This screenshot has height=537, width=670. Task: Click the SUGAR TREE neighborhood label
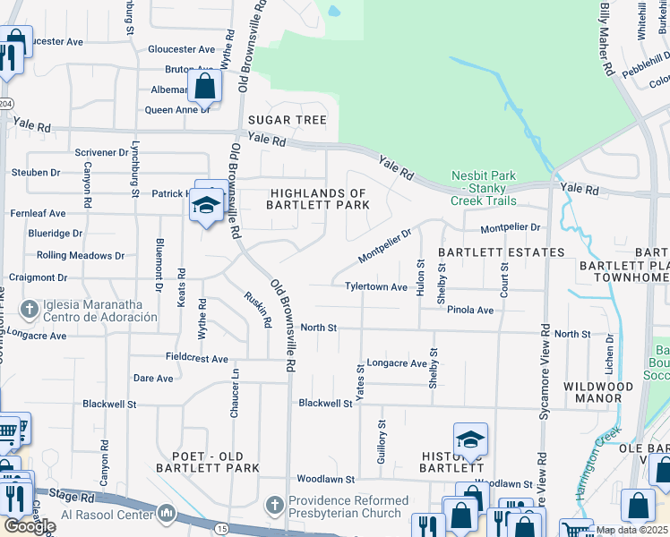[x=287, y=120]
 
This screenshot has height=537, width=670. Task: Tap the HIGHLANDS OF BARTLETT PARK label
[x=318, y=199]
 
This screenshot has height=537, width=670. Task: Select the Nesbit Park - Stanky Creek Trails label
[x=483, y=188]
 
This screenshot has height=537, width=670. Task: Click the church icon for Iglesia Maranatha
[x=30, y=310]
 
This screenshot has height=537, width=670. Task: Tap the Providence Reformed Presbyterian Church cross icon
[x=276, y=506]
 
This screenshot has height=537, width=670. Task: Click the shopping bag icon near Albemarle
[x=205, y=87]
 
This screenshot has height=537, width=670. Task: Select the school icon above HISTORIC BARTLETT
[x=470, y=439]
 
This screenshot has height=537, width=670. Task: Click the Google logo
[x=30, y=525]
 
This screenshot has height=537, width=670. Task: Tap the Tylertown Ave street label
[x=376, y=286]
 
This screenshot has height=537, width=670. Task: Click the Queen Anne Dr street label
[x=177, y=110]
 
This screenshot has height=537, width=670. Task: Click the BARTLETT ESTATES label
[x=501, y=252]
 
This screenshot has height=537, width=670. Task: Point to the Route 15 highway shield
[x=219, y=529]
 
